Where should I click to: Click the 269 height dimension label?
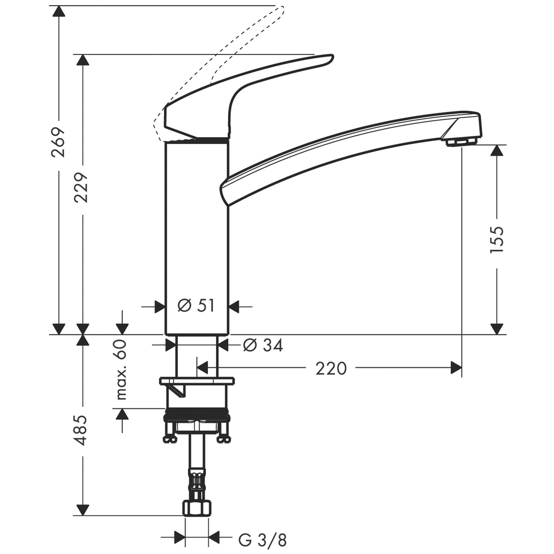tap(58, 142)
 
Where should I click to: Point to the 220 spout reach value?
tap(331, 368)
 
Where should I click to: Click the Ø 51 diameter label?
tap(196, 306)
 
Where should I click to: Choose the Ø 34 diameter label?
tap(263, 346)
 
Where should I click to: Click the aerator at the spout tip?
tap(461, 141)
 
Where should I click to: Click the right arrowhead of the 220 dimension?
tap(456, 368)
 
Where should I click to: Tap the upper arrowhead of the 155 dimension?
tap(497, 150)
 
